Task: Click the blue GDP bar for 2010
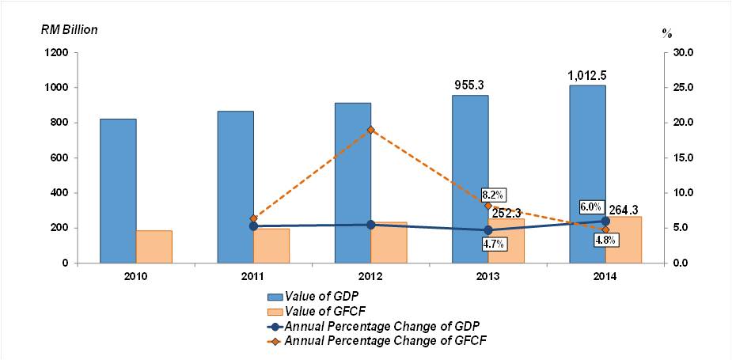tap(118, 191)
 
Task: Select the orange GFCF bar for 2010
tap(154, 246)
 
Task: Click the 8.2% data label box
tap(493, 195)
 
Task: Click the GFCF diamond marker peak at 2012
tap(370, 129)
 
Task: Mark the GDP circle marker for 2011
tap(253, 226)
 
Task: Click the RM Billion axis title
tap(70, 29)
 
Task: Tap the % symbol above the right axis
tap(666, 34)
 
